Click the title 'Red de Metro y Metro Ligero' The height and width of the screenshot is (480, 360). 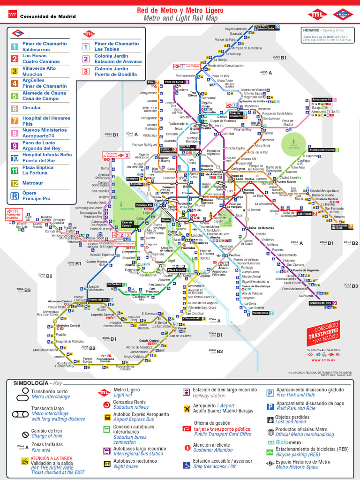180,10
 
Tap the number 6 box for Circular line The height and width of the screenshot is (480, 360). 15,109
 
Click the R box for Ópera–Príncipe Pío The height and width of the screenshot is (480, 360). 15,195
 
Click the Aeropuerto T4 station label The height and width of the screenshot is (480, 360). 322,100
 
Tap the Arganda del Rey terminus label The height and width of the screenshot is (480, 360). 321,303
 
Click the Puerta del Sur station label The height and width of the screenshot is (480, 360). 98,300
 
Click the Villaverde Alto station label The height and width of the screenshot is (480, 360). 192,318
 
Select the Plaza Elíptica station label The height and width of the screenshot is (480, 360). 176,270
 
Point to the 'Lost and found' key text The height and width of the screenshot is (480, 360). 291,422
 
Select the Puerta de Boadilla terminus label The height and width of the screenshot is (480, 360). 13,216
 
